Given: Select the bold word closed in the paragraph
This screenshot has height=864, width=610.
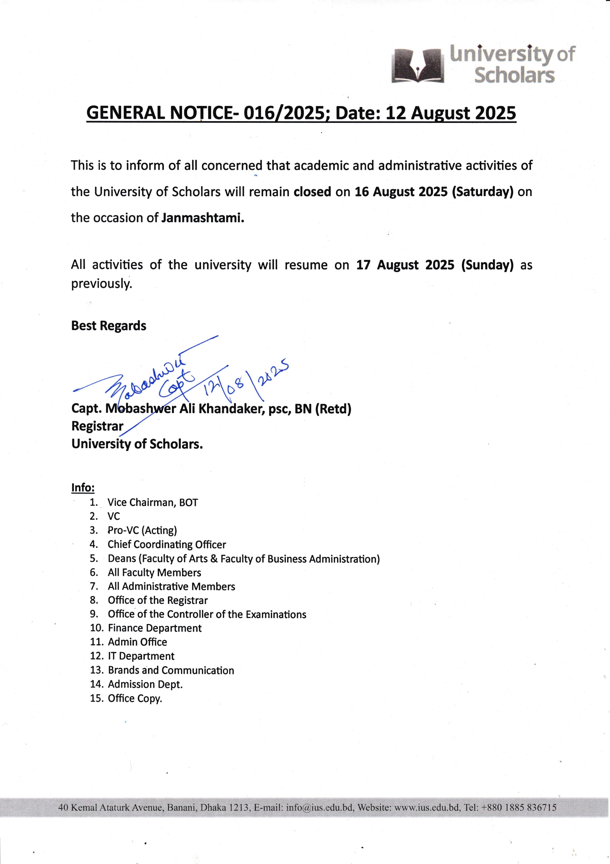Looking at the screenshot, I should [x=312, y=192].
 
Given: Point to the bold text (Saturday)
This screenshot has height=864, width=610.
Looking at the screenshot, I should [x=483, y=192].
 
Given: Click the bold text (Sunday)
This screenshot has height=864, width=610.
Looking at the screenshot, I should [x=487, y=265].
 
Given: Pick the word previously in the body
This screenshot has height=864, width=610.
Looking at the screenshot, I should [x=101, y=283].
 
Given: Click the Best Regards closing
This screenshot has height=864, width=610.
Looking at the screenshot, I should [x=109, y=325].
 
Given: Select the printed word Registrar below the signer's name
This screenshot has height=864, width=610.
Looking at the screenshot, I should [x=97, y=426].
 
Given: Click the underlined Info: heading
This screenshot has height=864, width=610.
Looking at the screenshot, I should [x=83, y=488].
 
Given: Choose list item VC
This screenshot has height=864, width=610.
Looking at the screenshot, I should [x=114, y=516].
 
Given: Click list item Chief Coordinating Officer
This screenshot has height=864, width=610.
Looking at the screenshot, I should [x=167, y=544].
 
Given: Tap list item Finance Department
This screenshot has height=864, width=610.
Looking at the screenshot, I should [x=154, y=628].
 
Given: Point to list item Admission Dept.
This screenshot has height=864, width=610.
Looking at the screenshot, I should [x=145, y=684].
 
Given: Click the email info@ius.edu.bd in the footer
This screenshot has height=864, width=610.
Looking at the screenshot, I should [x=320, y=808].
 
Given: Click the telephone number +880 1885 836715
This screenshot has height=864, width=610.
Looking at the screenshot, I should [x=519, y=808].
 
